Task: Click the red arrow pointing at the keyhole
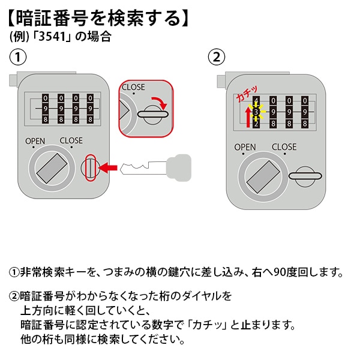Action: (x=108, y=167)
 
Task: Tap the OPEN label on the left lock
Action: (x=35, y=142)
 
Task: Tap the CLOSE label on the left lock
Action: (x=71, y=142)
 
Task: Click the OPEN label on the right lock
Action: (x=245, y=147)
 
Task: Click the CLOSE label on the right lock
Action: (x=284, y=147)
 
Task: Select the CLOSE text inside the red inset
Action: (x=133, y=87)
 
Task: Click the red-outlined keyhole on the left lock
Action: (x=90, y=167)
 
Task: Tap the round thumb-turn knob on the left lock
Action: (x=50, y=169)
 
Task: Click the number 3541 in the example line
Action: (x=58, y=36)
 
